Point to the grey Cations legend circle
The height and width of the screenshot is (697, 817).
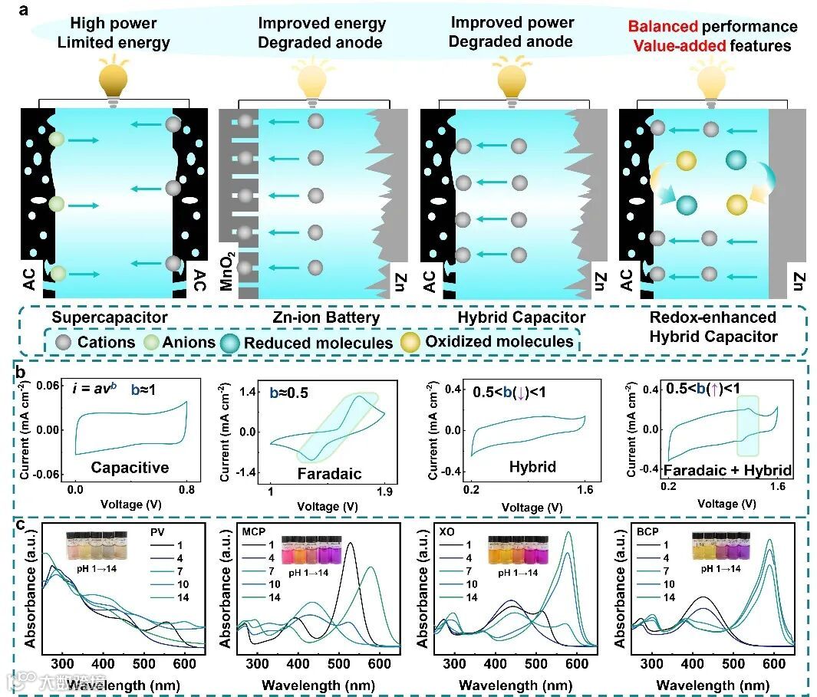tap(61, 342)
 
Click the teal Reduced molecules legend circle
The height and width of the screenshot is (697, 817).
tap(229, 342)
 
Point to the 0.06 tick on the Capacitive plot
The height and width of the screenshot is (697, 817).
tap(52, 386)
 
